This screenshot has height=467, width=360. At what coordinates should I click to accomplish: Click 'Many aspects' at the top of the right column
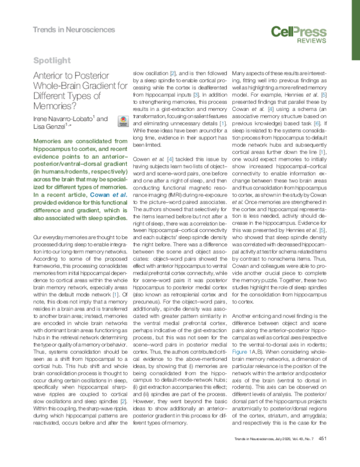pos(247,73)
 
